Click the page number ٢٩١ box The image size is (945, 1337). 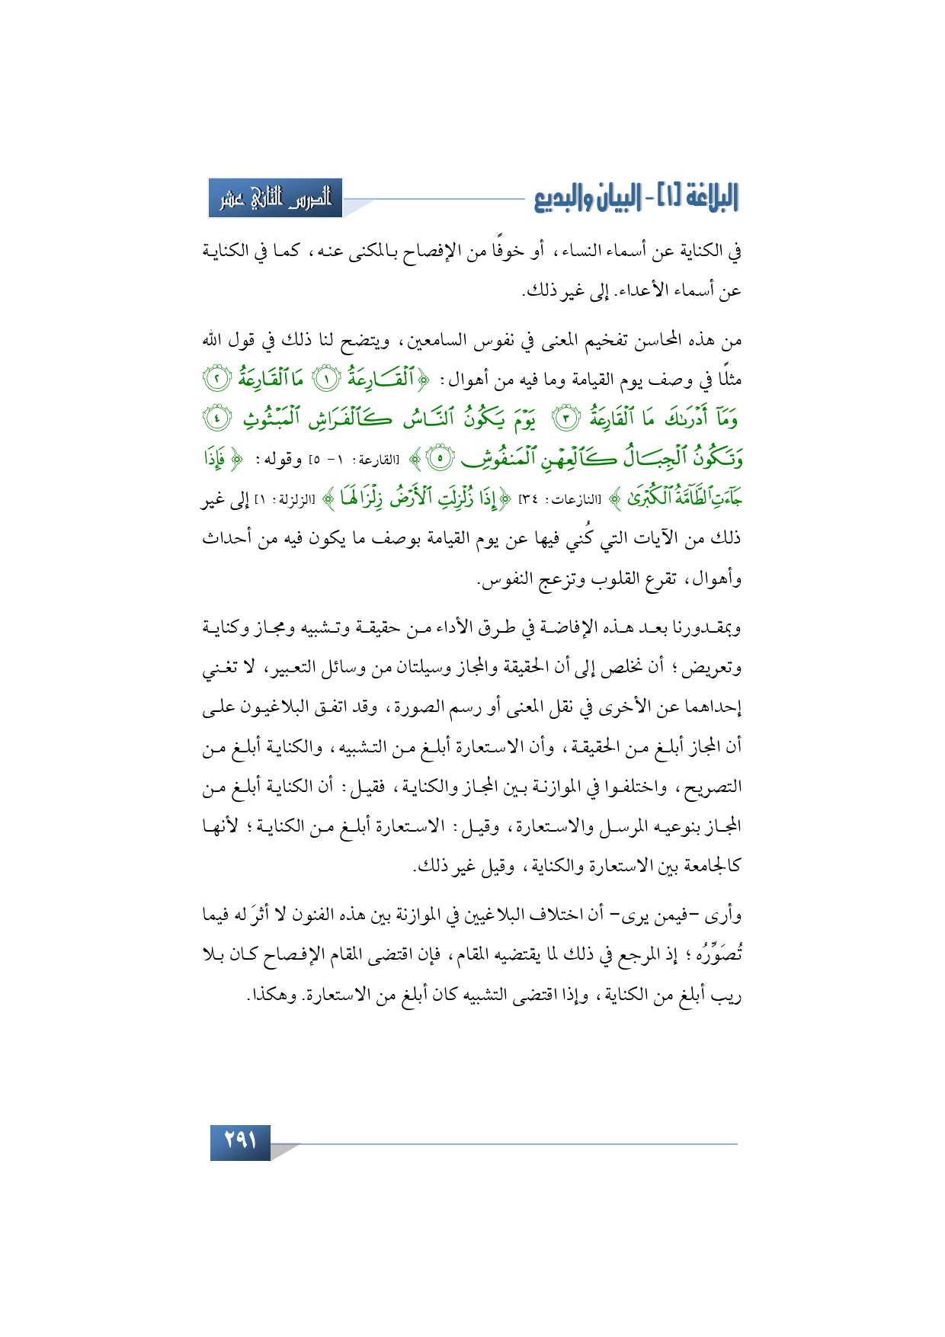click(240, 1143)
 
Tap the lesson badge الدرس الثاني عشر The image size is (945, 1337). click(275, 198)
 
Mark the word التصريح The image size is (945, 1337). click(712, 787)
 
